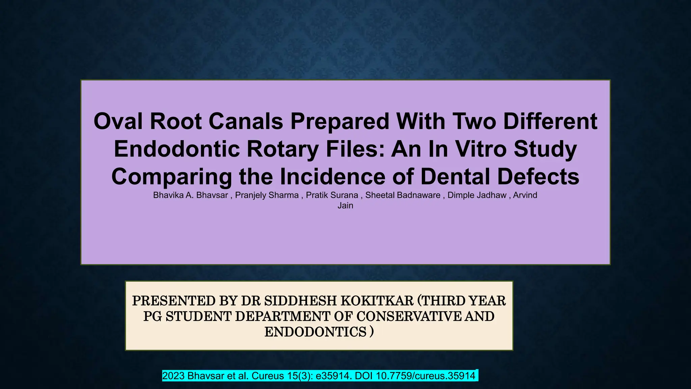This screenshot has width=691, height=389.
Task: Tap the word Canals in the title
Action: [246, 121]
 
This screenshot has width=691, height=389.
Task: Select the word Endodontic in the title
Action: [176, 149]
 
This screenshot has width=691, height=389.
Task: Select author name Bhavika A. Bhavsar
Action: [190, 195]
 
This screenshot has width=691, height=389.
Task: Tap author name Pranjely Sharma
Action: [267, 195]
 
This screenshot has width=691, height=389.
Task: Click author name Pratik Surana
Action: [332, 195]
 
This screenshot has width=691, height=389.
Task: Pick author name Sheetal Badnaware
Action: [403, 195]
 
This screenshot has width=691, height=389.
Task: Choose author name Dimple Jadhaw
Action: [477, 195]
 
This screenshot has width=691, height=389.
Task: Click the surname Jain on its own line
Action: [345, 206]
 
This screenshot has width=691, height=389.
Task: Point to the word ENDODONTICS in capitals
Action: [315, 332]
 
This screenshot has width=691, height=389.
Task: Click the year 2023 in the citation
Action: [173, 376]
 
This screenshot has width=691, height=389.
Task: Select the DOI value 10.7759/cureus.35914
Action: [425, 376]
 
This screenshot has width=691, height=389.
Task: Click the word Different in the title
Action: [550, 121]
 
